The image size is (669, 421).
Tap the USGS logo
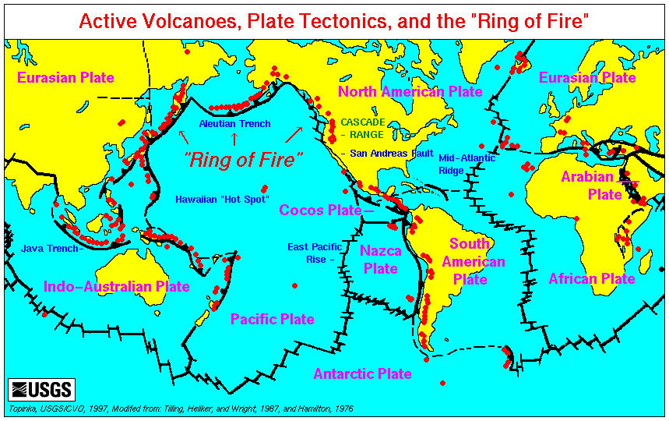[x=40, y=388]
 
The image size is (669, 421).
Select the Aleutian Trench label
[x=234, y=124]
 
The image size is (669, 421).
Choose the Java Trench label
[x=50, y=249]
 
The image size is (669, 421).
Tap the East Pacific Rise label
[x=313, y=253]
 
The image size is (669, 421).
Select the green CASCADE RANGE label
[x=362, y=129]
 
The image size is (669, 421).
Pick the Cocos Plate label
[x=321, y=210]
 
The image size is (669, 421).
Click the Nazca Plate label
[x=381, y=260]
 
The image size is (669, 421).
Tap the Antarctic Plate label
[x=362, y=373]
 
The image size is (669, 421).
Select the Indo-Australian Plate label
[x=117, y=286]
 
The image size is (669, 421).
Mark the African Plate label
[x=592, y=278]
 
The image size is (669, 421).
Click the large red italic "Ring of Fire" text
[x=244, y=160]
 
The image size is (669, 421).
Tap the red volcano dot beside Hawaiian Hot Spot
[x=265, y=189]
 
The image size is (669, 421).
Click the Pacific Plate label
[x=273, y=319]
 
